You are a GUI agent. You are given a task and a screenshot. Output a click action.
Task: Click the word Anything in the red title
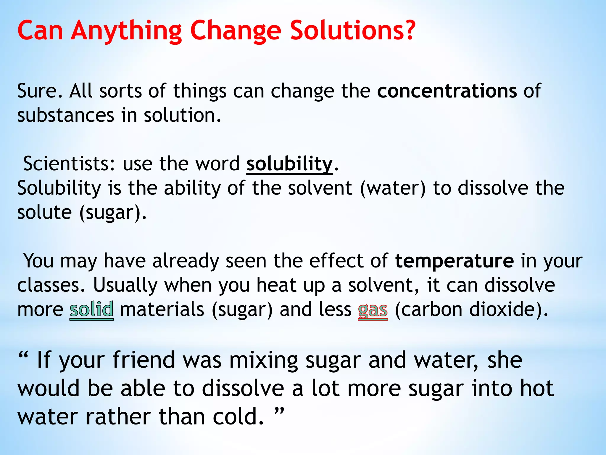coord(126,31)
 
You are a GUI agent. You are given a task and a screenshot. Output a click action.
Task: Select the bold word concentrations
coord(447,91)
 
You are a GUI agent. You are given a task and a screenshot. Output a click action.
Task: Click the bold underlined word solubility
coord(289,164)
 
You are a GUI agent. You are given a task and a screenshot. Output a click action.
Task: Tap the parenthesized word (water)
coord(393,188)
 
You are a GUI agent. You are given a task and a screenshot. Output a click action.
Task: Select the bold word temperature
coord(454,261)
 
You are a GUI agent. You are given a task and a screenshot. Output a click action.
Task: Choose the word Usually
coord(125,285)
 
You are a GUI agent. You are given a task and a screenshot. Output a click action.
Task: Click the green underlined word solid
coord(91,310)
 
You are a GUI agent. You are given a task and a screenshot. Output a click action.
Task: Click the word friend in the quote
coord(144,360)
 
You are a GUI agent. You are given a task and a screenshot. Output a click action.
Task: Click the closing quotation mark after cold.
coord(279,411)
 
